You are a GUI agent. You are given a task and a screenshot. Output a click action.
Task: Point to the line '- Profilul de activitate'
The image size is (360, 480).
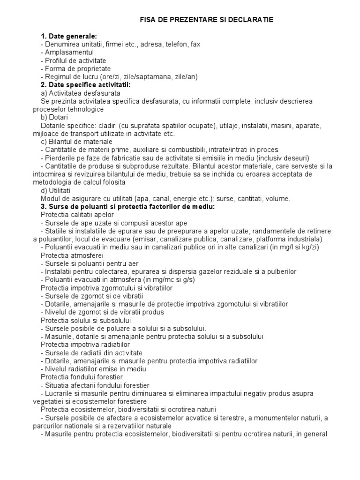click(x=73, y=60)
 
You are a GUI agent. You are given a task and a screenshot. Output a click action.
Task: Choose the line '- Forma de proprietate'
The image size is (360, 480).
click(x=73, y=68)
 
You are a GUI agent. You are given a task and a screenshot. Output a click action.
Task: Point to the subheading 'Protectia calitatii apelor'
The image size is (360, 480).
click(x=77, y=215)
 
